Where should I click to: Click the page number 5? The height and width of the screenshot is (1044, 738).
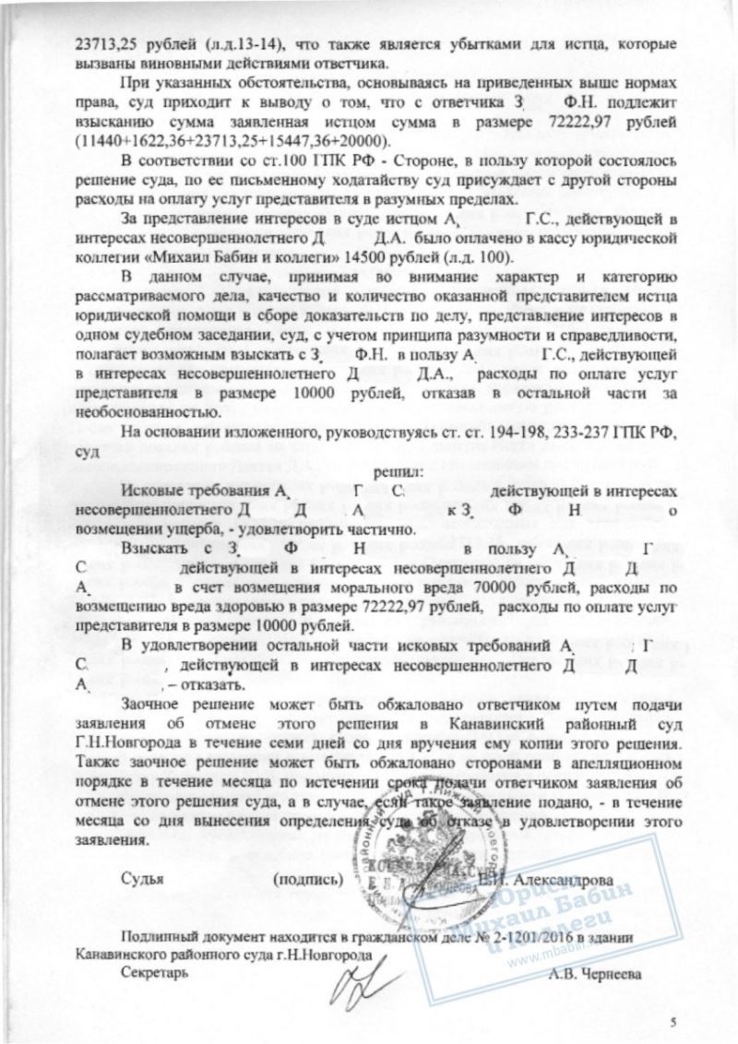click(673, 1021)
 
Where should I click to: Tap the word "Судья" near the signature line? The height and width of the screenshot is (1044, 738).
click(142, 878)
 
